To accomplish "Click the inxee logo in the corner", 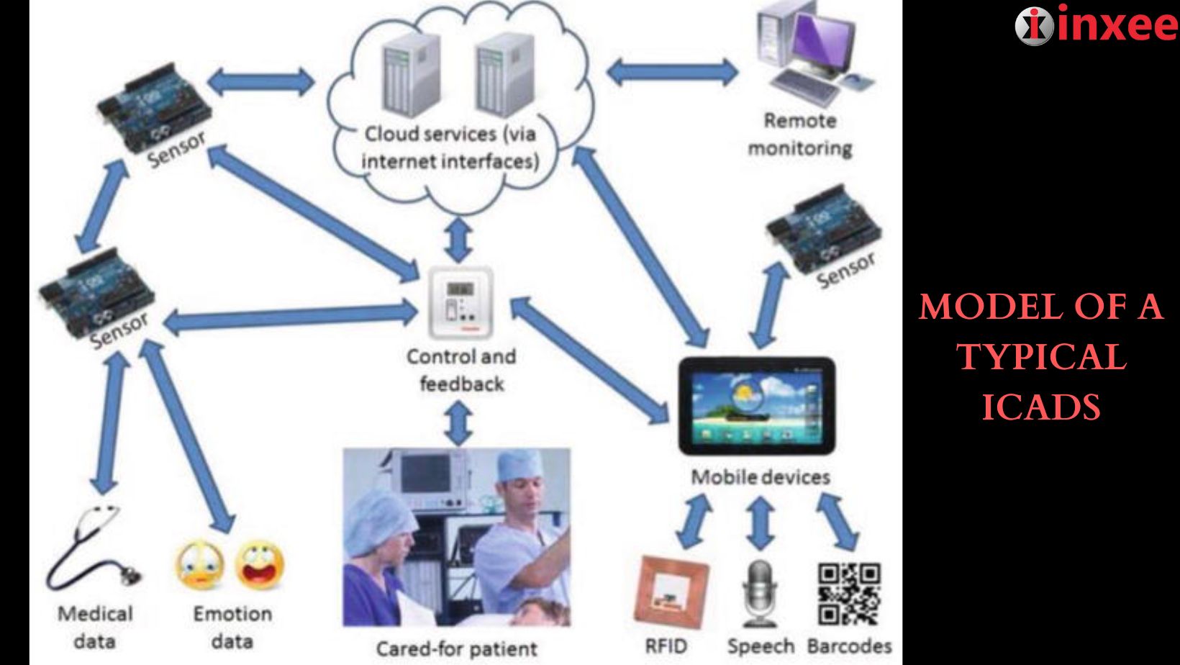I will (x=1096, y=26).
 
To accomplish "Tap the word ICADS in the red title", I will (x=1041, y=407).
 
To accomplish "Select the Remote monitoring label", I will (x=799, y=135).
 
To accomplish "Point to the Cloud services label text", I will (x=450, y=148).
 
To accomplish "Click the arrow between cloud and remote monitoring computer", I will (x=671, y=72).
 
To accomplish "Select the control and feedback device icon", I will (x=460, y=303).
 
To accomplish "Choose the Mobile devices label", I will (x=760, y=477).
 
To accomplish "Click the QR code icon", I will (x=849, y=593).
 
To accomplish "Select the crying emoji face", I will (x=199, y=566).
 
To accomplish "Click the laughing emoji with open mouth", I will (x=259, y=566).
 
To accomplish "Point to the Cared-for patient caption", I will (x=456, y=648).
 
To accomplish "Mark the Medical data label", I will (x=95, y=627).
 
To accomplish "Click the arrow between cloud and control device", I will (x=459, y=240).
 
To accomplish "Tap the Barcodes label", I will (x=849, y=646).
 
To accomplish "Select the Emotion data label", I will (x=232, y=627).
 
